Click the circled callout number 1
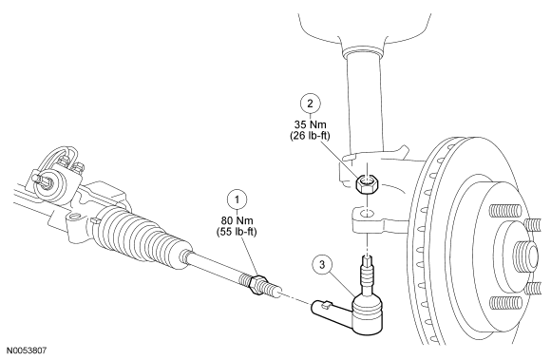pyautogui.click(x=237, y=199)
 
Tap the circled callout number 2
pyautogui.click(x=311, y=104)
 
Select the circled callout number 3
pyautogui.click(x=323, y=264)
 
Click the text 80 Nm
pyautogui.click(x=237, y=220)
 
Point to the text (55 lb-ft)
pyautogui.click(x=237, y=232)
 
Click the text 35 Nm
pyautogui.click(x=311, y=124)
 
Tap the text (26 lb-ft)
pyautogui.click(x=310, y=136)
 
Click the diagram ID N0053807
pyautogui.click(x=27, y=351)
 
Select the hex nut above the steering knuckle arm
pyautogui.click(x=367, y=184)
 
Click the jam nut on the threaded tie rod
pyautogui.click(x=257, y=284)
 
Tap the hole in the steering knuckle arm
pyautogui.click(x=367, y=213)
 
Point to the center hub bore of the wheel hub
pyautogui.click(x=527, y=252)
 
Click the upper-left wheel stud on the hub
pyautogui.click(x=505, y=212)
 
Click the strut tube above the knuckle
pyautogui.click(x=364, y=102)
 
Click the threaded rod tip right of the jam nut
pyautogui.click(x=275, y=288)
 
